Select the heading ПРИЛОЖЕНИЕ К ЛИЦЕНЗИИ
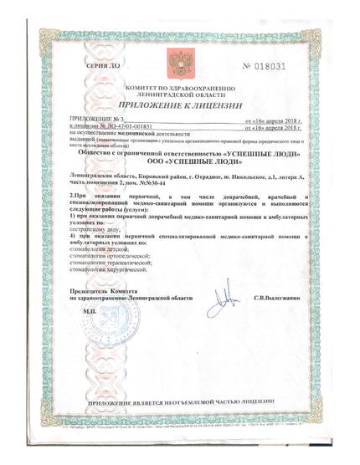coord(181,106)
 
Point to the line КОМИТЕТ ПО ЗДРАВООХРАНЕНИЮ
coord(181,88)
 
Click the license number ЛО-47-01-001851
coord(104,128)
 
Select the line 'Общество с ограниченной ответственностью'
coord(181,154)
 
